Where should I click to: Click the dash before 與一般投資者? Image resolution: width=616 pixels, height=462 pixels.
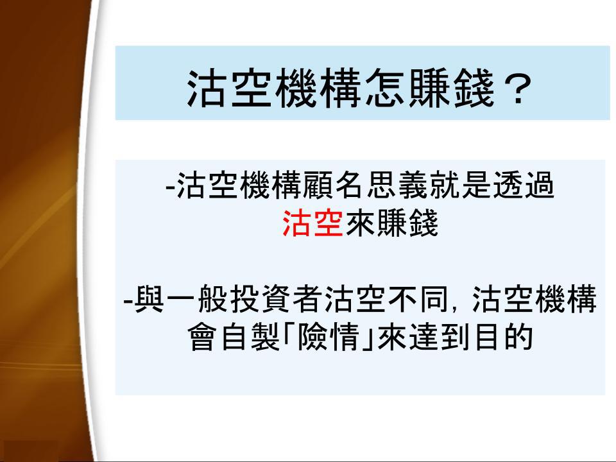click(x=128, y=302)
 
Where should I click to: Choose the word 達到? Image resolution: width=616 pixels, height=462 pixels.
click(x=440, y=337)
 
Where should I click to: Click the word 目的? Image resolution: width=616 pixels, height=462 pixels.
click(x=504, y=337)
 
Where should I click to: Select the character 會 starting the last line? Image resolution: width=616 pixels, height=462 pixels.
click(x=203, y=337)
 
